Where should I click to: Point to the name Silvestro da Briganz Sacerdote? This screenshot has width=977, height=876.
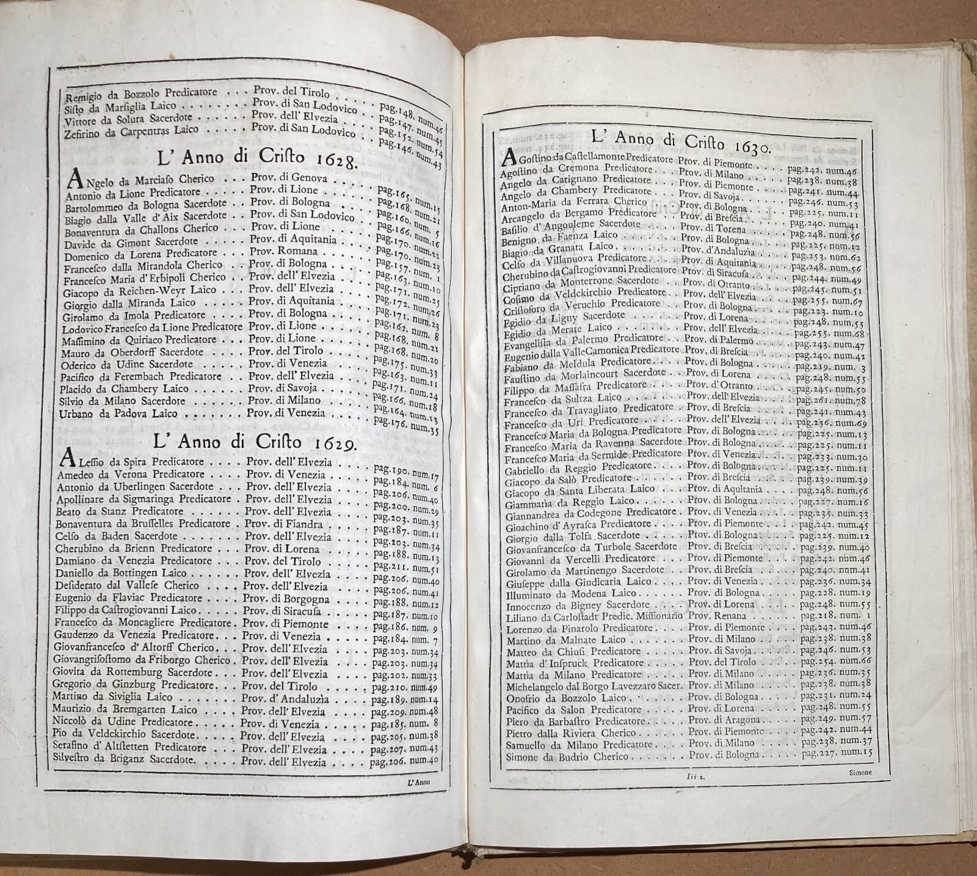tap(125, 761)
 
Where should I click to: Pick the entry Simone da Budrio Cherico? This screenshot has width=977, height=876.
tap(558, 756)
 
